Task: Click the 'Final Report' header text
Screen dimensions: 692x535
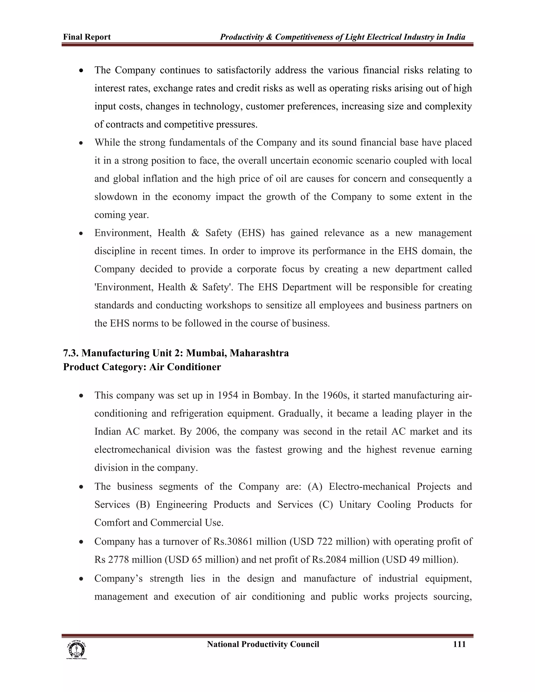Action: pos(87,37)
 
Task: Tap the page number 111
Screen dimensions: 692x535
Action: pos(459,644)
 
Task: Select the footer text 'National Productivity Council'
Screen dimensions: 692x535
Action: pos(263,644)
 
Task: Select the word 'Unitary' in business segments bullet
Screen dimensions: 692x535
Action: pos(355,505)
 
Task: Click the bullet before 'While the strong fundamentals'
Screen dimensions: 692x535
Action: pos(82,143)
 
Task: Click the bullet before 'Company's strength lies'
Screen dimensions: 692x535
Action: pos(82,579)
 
